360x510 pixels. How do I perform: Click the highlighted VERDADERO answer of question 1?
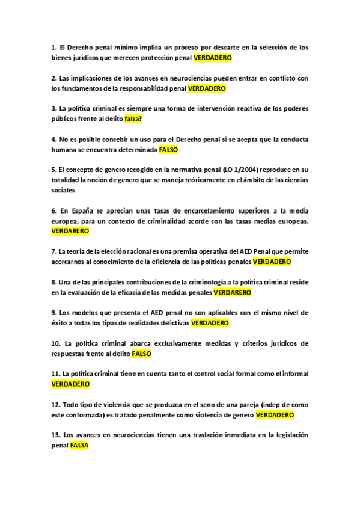pos(212,58)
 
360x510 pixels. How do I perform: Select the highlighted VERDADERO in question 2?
pos(207,88)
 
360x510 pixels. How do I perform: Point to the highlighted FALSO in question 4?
pos(169,150)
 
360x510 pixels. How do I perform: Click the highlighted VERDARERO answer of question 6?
pos(70,232)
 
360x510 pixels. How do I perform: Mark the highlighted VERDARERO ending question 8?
pos(233,293)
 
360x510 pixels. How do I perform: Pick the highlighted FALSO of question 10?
pos(141,354)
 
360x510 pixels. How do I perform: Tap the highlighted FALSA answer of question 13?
pos(79,446)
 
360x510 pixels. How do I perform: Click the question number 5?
pos(54,170)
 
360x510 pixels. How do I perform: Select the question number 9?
pos(54,313)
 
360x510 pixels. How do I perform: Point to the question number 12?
pos(56,405)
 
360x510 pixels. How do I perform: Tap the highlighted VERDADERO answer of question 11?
pos(70,384)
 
